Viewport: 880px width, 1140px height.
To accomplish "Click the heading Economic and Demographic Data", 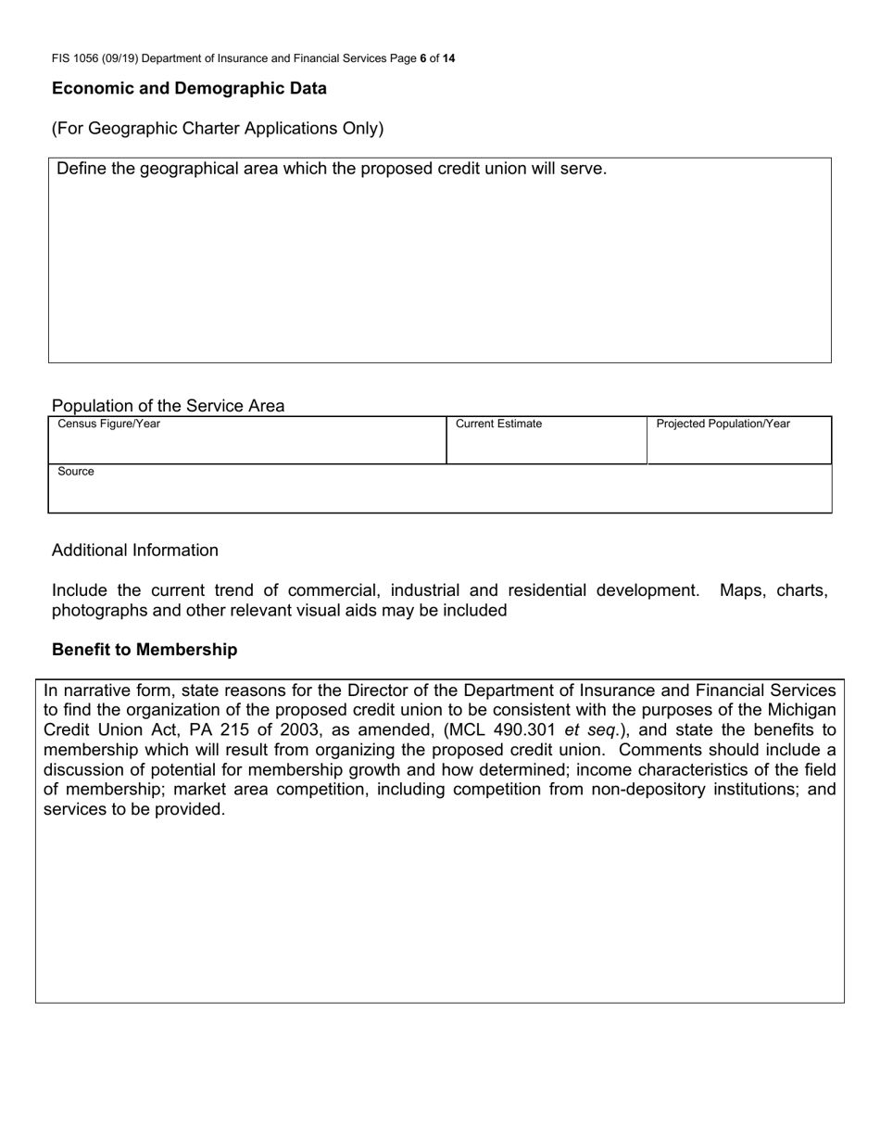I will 189,89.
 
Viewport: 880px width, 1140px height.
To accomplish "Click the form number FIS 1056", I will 79,58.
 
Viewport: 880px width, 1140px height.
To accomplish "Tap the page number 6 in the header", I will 423,58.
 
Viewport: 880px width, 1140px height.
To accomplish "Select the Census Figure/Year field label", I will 108,424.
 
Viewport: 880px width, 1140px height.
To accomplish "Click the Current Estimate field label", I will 498,424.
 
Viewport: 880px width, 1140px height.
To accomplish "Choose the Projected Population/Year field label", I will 723,424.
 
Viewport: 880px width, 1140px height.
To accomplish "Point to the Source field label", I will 76,472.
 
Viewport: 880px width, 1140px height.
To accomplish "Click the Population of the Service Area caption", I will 168,406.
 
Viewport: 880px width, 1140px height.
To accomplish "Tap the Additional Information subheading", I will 135,551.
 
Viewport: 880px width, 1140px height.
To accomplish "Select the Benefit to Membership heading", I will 145,650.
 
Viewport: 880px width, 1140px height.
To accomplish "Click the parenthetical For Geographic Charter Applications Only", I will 218,129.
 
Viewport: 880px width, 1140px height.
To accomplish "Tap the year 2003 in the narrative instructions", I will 299,730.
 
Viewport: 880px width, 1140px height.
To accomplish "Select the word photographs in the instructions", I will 97,611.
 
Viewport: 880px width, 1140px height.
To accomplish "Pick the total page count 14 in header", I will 448,58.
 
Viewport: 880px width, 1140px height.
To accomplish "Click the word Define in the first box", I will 82,169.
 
